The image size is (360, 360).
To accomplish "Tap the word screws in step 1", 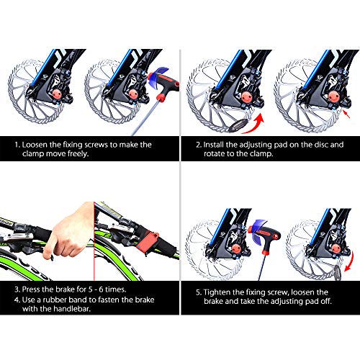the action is click(94, 145).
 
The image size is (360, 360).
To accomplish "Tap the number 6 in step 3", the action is click(101, 289).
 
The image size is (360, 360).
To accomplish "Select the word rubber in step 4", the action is click(55, 300).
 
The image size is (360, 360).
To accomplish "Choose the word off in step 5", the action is click(325, 301).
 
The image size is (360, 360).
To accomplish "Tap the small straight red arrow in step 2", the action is click(346, 114).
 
